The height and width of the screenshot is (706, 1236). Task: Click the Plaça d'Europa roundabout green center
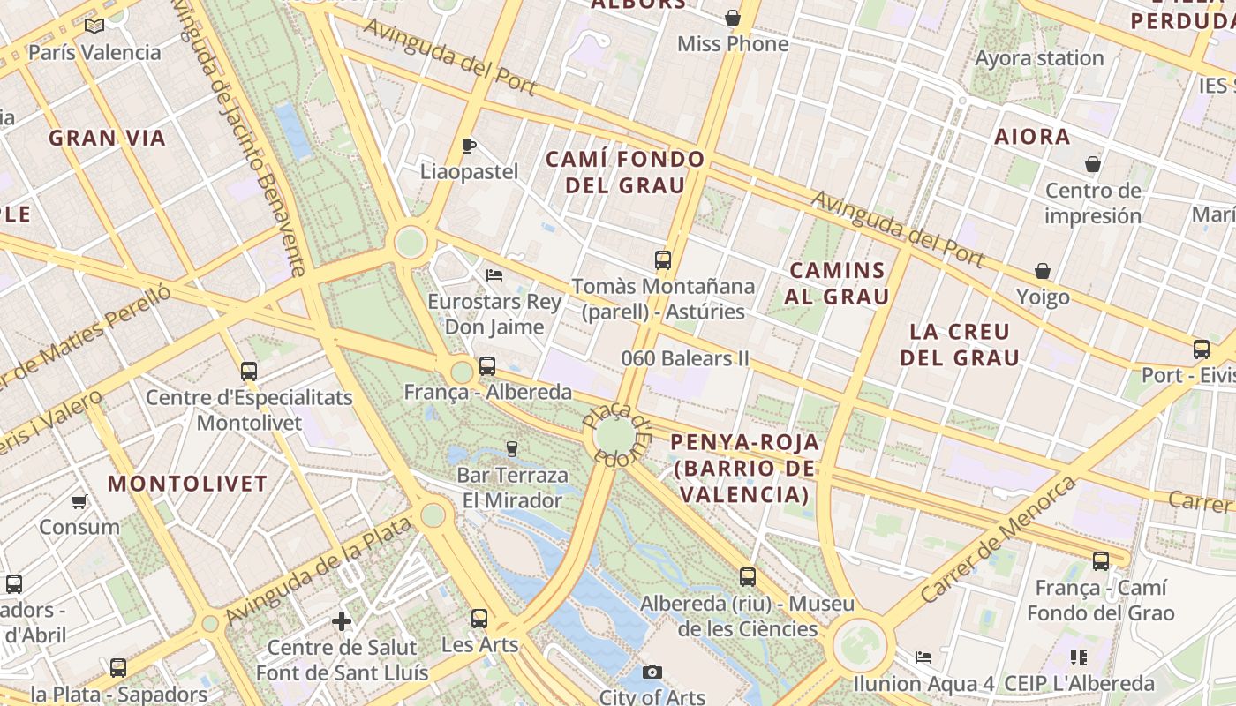click(x=614, y=434)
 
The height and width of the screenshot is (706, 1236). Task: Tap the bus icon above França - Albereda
click(x=486, y=366)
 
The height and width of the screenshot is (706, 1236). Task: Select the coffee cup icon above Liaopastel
click(x=469, y=146)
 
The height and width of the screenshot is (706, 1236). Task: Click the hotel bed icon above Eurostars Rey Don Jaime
click(x=494, y=275)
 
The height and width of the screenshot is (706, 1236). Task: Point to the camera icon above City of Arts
click(x=652, y=672)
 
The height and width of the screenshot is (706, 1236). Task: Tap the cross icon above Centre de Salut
click(x=342, y=621)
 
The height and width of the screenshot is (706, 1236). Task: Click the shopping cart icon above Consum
click(x=79, y=502)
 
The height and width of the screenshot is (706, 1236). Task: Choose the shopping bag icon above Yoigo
click(x=1043, y=271)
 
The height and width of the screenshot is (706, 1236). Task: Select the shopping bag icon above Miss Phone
click(x=732, y=18)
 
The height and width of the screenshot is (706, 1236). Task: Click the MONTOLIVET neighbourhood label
click(x=187, y=484)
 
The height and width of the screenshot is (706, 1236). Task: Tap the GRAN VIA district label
click(x=107, y=138)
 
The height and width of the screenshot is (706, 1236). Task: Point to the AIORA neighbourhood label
click(x=1032, y=137)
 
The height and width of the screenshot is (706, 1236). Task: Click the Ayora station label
click(x=1039, y=58)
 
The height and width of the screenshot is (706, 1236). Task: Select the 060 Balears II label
click(x=685, y=358)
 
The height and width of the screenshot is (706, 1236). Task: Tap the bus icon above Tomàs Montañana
click(x=663, y=260)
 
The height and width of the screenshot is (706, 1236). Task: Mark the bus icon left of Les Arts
click(x=479, y=619)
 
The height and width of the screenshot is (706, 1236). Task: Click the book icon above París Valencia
click(x=94, y=26)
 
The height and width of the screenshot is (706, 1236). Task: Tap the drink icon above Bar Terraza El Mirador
click(x=511, y=449)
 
